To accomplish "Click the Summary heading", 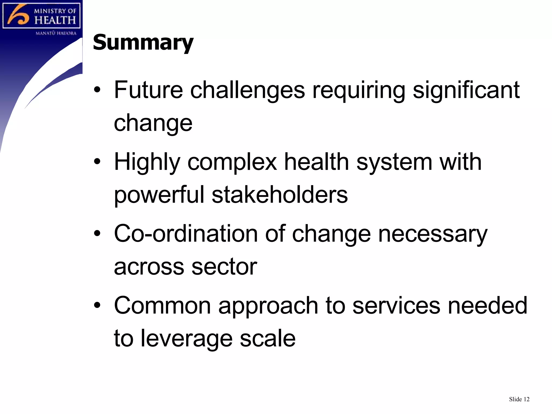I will (x=143, y=43).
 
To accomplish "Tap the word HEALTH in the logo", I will (x=55, y=20).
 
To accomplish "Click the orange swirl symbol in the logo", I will (x=18, y=15).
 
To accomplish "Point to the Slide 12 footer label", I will (x=519, y=399).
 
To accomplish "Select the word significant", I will (x=466, y=90).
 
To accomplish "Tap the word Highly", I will (x=147, y=162).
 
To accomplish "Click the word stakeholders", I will (x=280, y=195).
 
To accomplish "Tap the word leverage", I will (x=187, y=339).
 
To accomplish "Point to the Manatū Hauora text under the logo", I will (x=56, y=33).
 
